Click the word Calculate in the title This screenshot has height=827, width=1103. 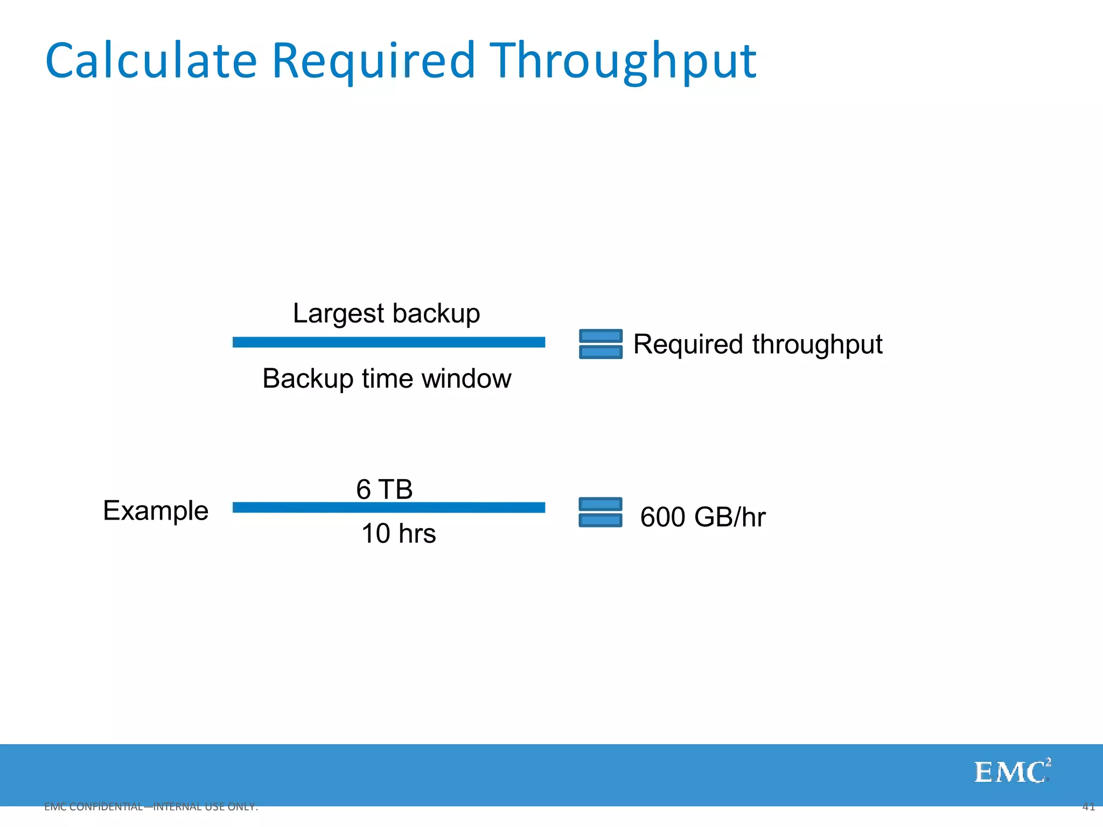coord(151,60)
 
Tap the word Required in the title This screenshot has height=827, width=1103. coord(373,60)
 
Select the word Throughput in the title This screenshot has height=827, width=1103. coord(623,60)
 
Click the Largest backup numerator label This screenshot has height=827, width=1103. coord(386,313)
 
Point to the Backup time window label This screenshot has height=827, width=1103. coord(387,379)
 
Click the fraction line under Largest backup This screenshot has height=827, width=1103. coord(388,342)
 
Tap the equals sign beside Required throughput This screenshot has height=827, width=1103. coord(601,344)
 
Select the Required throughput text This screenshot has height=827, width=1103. coord(757,345)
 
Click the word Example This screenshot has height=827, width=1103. coord(156,510)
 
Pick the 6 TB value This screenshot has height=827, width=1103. coord(385,489)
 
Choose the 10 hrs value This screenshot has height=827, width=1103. coord(399,534)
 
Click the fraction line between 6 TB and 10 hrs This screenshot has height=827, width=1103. coord(388,508)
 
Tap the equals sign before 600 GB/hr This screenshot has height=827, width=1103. coord(601,512)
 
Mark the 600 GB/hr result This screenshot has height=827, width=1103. coord(702,517)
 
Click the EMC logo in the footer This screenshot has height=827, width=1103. coord(1012,772)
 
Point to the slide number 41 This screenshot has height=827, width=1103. coord(1088,807)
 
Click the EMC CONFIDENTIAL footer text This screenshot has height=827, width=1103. coord(151,807)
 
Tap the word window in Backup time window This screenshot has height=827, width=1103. coord(466,379)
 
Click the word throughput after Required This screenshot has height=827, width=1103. coord(817,345)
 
